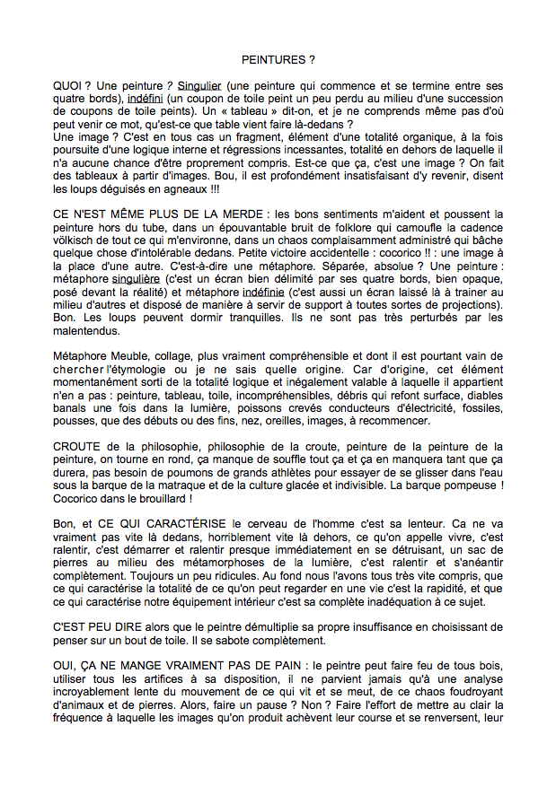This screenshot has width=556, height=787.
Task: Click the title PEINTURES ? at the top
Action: (x=278, y=59)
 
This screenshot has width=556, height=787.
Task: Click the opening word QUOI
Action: (x=68, y=85)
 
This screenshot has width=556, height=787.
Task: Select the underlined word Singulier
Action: (x=199, y=85)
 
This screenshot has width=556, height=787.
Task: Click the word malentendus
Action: (x=89, y=330)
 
